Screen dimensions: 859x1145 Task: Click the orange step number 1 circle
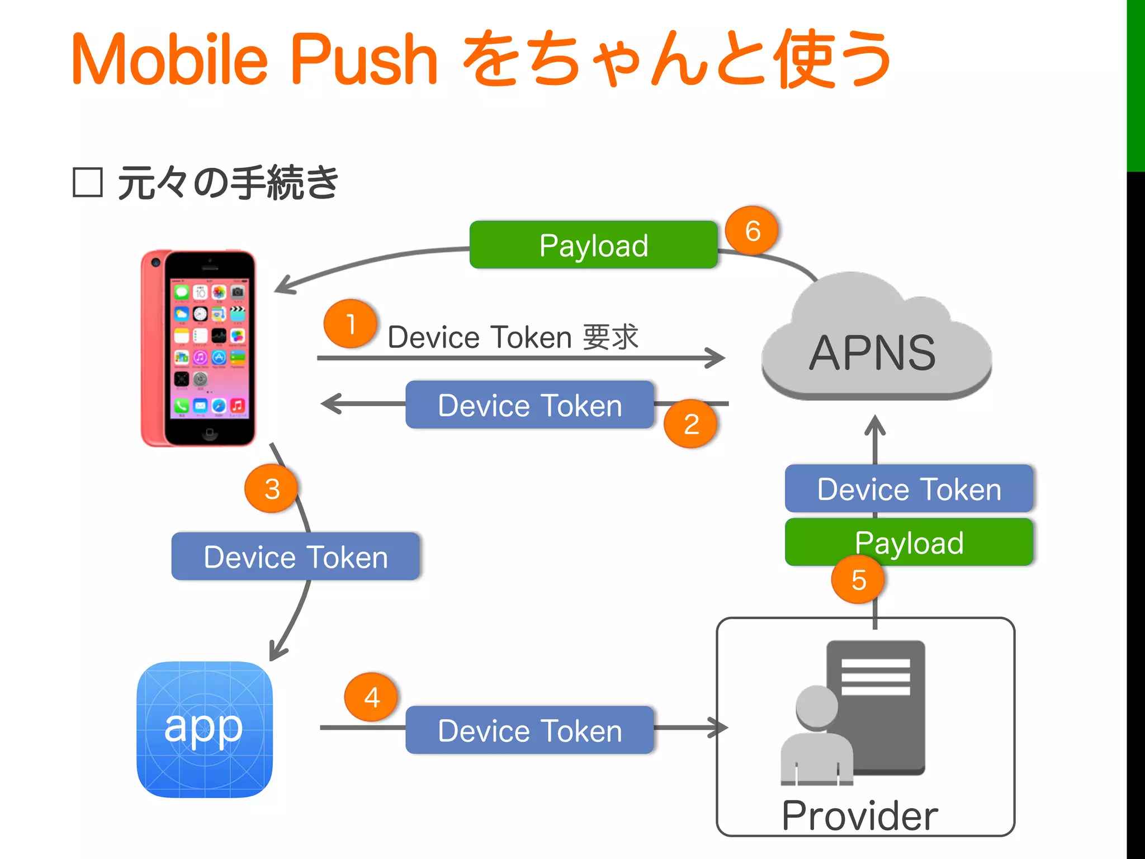[x=351, y=324]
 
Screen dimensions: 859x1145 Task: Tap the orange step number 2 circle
[x=691, y=424]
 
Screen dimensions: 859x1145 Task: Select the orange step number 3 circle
[x=272, y=489]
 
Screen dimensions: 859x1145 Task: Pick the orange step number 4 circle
[x=372, y=697]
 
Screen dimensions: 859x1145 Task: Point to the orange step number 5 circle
[x=858, y=579]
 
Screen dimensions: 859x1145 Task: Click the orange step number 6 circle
[x=753, y=230]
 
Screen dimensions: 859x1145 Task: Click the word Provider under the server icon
[x=859, y=816]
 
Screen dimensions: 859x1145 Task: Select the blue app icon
[x=205, y=729]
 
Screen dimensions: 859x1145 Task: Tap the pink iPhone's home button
[x=210, y=432]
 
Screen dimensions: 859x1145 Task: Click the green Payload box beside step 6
[x=593, y=245]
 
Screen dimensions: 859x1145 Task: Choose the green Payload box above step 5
[x=909, y=542]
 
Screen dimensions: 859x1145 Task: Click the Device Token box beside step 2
[x=529, y=405]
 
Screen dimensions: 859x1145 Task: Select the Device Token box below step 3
[x=296, y=556]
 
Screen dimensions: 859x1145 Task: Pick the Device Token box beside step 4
[x=529, y=730]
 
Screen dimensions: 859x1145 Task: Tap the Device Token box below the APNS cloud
[x=909, y=489]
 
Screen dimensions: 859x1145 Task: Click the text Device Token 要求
[x=513, y=337]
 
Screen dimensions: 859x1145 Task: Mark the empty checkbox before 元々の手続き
[x=88, y=182]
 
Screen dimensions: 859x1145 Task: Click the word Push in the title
[x=364, y=59]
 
